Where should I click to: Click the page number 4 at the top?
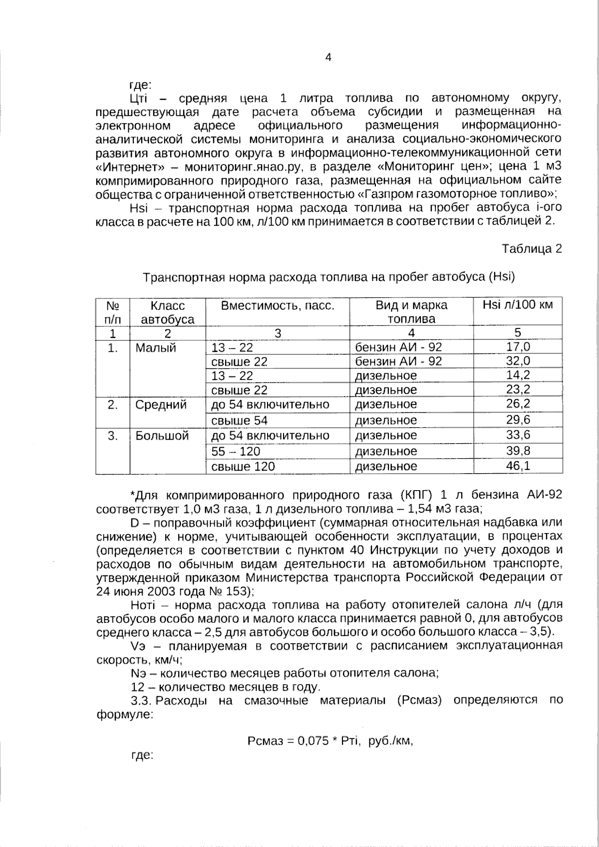click(x=328, y=57)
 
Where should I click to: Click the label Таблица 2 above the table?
click(x=532, y=249)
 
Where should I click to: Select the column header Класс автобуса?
click(x=168, y=312)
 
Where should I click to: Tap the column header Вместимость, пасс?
click(x=278, y=305)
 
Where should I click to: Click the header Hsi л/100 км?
click(x=518, y=305)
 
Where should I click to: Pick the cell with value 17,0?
click(x=518, y=347)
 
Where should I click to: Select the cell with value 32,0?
click(x=518, y=361)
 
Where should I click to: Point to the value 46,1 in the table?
click(x=518, y=466)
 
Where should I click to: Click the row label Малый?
click(x=156, y=348)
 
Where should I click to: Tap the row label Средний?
click(x=161, y=405)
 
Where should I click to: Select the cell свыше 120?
click(x=243, y=467)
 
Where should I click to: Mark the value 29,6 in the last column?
click(x=518, y=420)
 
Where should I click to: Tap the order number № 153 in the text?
click(x=228, y=592)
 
